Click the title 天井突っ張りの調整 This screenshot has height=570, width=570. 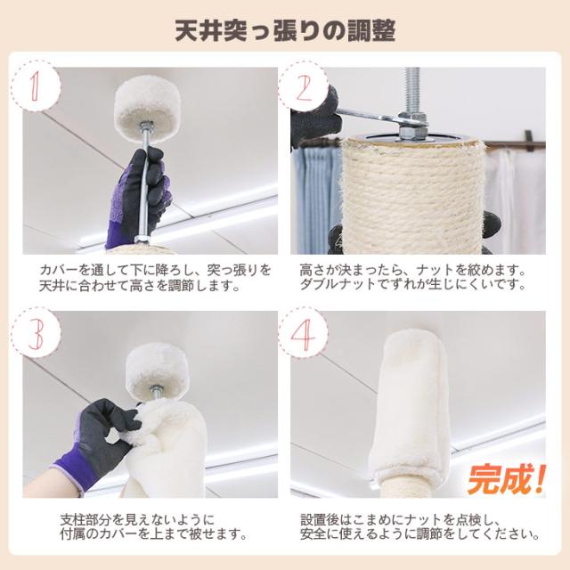click(285, 30)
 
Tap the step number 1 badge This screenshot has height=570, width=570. click(36, 86)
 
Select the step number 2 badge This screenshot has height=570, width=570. click(303, 86)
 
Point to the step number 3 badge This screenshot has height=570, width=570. click(36, 334)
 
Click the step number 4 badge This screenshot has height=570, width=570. click(303, 334)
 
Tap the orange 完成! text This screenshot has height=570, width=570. click(507, 478)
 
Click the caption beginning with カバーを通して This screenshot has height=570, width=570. click(155, 278)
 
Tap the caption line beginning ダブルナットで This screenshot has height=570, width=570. click(413, 285)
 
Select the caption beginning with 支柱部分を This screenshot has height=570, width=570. click(153, 526)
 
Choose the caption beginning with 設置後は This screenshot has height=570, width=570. click(419, 526)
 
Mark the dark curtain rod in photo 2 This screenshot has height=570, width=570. click(516, 145)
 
